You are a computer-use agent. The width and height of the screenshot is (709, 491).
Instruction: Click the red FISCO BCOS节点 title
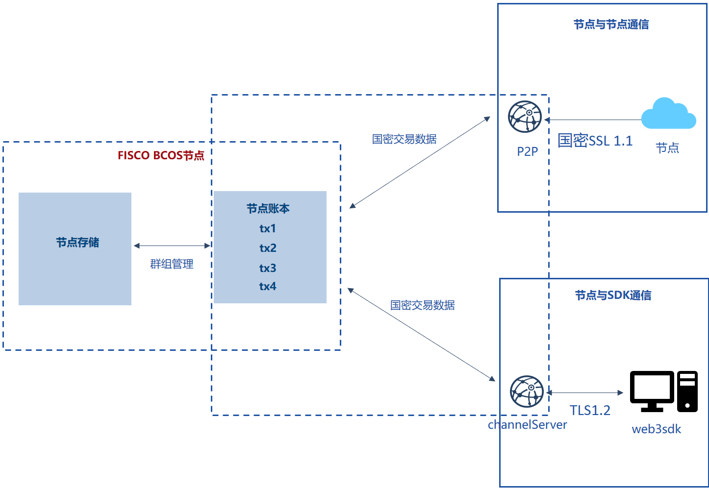161,155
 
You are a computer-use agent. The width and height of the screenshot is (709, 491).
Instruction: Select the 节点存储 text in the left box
77,243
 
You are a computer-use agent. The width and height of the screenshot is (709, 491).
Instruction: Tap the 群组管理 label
172,264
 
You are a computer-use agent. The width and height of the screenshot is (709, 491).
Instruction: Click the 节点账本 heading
268,208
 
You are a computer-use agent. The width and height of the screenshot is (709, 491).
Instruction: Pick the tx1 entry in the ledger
268,228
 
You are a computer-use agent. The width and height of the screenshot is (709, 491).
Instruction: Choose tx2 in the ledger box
268,248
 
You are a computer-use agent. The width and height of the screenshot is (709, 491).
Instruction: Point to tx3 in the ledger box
268,268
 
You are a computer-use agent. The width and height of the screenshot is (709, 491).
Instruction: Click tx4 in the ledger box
268,286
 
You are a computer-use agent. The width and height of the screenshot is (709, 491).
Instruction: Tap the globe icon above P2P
525,117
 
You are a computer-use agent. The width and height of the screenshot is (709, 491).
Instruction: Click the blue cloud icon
668,113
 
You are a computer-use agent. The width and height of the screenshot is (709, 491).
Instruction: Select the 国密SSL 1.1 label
595,141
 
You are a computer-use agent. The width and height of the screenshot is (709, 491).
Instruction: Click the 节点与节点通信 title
611,25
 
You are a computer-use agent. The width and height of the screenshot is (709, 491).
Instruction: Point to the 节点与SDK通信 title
613,295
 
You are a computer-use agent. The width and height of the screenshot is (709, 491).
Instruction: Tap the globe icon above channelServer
527,392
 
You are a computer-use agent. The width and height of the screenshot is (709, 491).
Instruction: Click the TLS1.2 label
590,410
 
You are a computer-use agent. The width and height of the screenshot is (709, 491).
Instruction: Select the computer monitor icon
652,392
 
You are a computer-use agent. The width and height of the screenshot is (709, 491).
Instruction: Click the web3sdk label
656,429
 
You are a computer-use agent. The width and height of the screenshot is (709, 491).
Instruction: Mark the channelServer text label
527,424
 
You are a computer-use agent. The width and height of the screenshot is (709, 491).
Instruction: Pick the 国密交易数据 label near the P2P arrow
404,139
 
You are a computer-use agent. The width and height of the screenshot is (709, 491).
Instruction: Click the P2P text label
527,151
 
